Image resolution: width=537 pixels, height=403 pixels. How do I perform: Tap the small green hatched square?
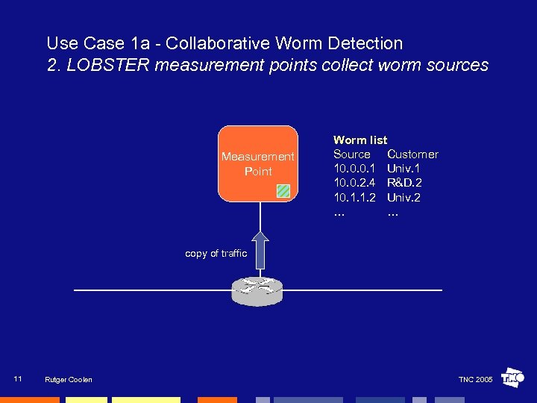coord(283,190)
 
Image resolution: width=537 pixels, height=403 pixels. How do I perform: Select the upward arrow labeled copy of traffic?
coord(260,249)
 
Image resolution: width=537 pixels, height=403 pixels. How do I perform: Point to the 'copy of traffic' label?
coord(216,254)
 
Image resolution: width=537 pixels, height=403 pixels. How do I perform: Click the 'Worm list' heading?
coord(360,140)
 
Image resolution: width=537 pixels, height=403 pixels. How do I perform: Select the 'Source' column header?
coord(351,154)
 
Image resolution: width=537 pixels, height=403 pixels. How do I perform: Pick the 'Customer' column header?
coord(412,154)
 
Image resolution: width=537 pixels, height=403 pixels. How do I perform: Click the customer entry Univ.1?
coord(403,169)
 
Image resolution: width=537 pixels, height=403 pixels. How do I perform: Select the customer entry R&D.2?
coord(404,183)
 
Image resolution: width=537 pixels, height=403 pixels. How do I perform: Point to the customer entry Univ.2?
coord(403,198)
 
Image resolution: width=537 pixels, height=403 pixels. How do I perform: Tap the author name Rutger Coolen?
coord(69,380)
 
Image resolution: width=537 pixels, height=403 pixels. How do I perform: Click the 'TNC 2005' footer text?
coord(475,380)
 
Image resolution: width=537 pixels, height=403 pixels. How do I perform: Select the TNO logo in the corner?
coord(512,378)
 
